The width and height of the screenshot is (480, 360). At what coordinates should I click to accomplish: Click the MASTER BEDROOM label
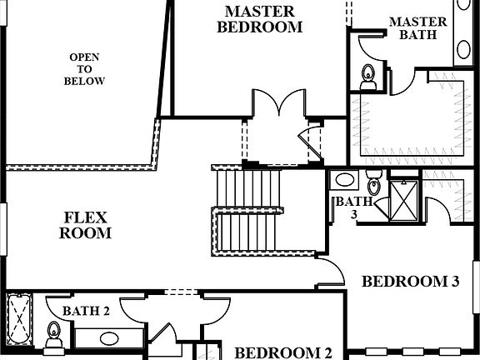[259, 18]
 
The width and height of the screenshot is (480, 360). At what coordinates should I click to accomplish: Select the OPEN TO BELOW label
[84, 69]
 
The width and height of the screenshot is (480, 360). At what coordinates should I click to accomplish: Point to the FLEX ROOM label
[85, 225]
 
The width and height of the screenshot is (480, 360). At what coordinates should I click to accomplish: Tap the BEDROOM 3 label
[410, 282]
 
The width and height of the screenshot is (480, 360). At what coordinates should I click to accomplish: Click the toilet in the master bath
[368, 77]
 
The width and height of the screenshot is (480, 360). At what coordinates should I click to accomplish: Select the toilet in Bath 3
[374, 183]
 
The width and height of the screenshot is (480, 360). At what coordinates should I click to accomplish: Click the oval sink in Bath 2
[109, 338]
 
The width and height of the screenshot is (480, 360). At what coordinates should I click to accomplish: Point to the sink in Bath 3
[343, 181]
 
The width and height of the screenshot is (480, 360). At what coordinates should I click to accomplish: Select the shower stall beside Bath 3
[405, 199]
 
